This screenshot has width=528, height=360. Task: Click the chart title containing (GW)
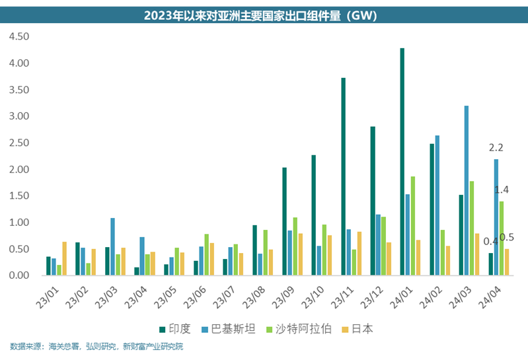[x=264, y=15]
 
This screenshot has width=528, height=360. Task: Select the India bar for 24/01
[x=402, y=162]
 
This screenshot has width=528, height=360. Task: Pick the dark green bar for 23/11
[x=344, y=176]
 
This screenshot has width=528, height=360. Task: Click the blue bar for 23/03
[x=113, y=246]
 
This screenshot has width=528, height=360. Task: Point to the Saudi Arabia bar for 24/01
[x=413, y=226]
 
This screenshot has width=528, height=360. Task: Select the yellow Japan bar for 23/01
[x=65, y=258]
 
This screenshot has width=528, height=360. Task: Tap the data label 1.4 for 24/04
[x=502, y=190]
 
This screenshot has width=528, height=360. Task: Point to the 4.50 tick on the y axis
[x=19, y=37]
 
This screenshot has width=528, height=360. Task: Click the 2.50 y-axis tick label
[x=19, y=143]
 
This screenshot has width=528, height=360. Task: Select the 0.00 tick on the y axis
[x=19, y=275]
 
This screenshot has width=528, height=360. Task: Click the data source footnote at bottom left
[x=96, y=346]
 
